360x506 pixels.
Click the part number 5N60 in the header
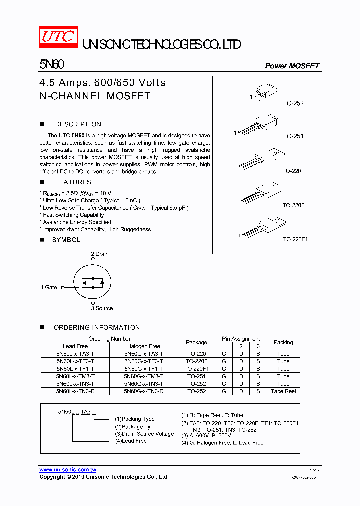click(x=52, y=65)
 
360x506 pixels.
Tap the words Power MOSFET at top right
click(x=292, y=66)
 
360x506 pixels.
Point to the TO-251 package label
click(x=293, y=136)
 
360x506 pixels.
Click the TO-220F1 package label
click(x=295, y=239)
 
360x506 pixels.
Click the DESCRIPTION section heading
click(x=78, y=124)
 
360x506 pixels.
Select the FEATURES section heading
click(x=73, y=182)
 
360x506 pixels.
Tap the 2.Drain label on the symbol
click(x=99, y=254)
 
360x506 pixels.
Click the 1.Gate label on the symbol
click(x=49, y=287)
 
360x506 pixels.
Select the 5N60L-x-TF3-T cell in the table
click(x=75, y=361)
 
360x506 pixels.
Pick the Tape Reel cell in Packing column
click(x=283, y=391)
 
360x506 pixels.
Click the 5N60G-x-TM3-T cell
click(x=144, y=376)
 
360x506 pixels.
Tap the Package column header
click(x=196, y=342)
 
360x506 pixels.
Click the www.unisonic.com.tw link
click(x=68, y=470)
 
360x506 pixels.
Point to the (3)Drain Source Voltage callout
click(x=144, y=434)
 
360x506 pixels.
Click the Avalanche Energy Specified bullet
click(x=76, y=222)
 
